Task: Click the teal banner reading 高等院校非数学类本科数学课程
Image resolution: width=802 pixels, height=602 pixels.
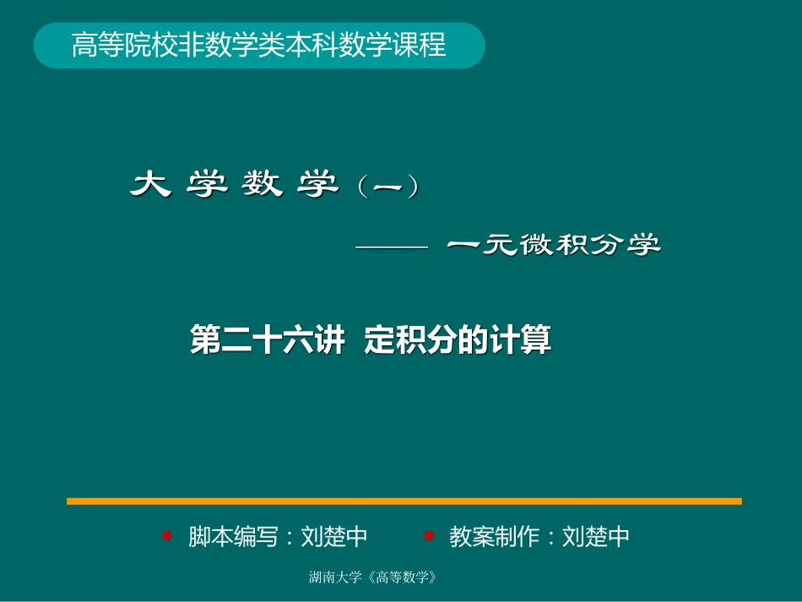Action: (258, 45)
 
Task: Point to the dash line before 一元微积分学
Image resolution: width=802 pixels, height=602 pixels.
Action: (393, 247)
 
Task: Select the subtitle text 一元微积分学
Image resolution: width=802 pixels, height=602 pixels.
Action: (553, 246)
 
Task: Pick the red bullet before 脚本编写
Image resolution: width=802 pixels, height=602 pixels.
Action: (167, 535)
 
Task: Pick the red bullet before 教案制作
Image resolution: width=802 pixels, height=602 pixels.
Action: (428, 535)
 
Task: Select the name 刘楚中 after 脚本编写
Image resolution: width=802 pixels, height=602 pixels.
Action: (334, 536)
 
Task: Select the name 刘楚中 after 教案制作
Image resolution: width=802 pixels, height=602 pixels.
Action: (596, 536)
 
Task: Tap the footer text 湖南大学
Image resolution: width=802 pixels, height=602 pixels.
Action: (336, 578)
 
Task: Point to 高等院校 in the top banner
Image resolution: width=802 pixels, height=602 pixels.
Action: (113, 45)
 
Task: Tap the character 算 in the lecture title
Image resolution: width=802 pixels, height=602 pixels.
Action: (538, 340)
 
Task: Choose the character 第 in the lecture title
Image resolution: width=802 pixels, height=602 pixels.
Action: (205, 340)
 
